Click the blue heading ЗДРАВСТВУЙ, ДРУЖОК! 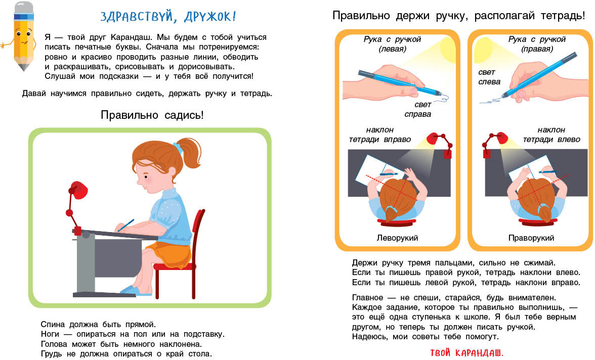168,17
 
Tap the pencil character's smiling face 23,38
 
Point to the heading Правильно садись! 152,115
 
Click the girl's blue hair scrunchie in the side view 178,147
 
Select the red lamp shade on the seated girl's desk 78,189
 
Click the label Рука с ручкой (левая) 393,44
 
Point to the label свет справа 418,109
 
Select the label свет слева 489,77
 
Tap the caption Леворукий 397,238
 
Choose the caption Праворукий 531,238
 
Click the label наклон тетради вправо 380,134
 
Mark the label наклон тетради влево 551,134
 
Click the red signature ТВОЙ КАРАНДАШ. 466,353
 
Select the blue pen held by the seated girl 125,226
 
